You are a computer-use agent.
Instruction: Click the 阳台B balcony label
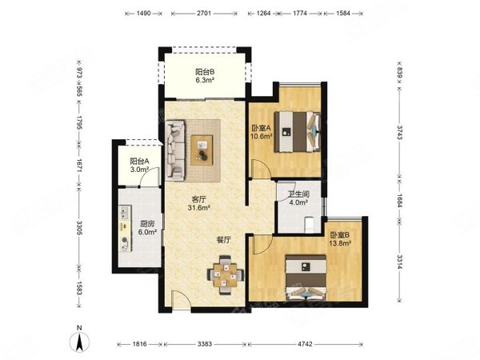tap(205, 72)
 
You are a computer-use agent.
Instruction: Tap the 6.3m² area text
tap(205, 81)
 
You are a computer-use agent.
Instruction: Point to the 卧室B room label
tap(340, 235)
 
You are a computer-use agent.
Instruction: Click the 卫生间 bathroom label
tap(298, 194)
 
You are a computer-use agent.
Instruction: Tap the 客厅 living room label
tap(198, 199)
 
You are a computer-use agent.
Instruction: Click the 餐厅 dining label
tap(224, 240)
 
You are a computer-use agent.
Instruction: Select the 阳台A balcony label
tap(139, 161)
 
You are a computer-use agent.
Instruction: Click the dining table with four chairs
tap(226, 274)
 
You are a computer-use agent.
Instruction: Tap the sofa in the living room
tap(176, 150)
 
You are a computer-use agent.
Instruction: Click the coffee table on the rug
tap(202, 150)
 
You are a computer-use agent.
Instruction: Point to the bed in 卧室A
tap(298, 132)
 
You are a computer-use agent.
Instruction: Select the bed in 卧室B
tap(306, 277)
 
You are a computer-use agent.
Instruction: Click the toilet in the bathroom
tap(309, 224)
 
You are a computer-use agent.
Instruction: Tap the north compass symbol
tap(79, 341)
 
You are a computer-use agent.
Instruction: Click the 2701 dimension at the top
tap(204, 13)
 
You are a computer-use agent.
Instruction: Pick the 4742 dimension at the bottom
tap(305, 344)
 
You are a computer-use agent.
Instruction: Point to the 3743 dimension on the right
tap(399, 132)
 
